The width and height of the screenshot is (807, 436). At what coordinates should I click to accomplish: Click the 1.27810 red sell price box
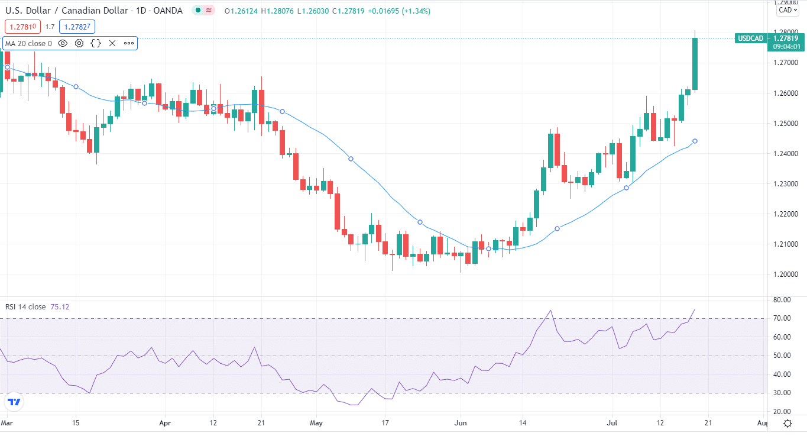click(23, 27)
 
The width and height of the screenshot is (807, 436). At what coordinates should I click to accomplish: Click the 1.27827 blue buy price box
click(77, 27)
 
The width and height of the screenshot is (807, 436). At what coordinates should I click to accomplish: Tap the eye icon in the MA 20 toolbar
click(63, 43)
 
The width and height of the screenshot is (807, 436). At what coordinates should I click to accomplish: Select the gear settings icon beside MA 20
click(79, 43)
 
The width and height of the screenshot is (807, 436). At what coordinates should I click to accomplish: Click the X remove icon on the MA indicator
click(112, 43)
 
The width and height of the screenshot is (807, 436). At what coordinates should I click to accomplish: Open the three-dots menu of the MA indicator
click(129, 43)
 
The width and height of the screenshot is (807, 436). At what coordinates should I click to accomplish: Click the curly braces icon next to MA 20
click(96, 43)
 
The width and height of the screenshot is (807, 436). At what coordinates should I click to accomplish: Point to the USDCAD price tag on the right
click(750, 38)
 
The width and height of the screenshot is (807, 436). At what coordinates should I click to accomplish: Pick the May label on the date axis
click(316, 423)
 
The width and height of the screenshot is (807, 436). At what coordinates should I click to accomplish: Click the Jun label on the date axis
click(461, 423)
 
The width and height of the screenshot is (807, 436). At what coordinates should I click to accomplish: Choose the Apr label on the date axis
click(166, 423)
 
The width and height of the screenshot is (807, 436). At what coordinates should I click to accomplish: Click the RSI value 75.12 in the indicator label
click(60, 306)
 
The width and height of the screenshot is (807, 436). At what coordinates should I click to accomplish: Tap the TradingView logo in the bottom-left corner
click(14, 402)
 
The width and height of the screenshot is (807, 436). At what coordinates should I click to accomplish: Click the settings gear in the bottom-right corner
click(788, 423)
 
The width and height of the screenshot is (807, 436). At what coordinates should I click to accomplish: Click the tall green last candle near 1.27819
click(695, 64)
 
